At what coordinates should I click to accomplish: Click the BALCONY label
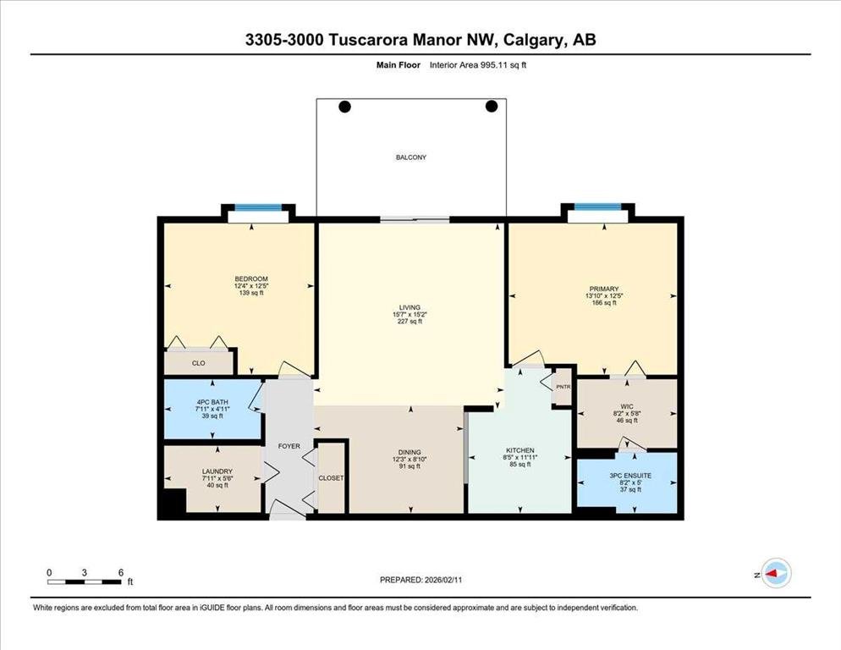(x=411, y=157)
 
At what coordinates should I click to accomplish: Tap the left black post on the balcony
(x=345, y=107)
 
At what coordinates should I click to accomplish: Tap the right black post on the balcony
(x=492, y=107)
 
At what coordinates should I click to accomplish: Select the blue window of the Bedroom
(x=258, y=207)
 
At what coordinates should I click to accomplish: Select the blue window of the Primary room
(x=597, y=207)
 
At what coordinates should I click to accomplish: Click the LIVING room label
(x=410, y=307)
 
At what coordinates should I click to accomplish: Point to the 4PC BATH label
(x=212, y=402)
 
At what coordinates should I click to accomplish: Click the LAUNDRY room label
(x=217, y=471)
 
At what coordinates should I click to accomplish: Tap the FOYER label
(x=289, y=446)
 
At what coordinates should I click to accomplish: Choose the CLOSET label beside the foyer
(x=331, y=477)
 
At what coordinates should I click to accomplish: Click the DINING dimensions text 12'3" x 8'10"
(x=410, y=460)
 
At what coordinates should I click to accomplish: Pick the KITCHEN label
(x=520, y=450)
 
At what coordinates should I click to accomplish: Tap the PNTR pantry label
(x=563, y=387)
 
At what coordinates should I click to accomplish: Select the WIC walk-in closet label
(x=627, y=406)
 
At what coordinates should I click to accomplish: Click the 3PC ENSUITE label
(x=630, y=476)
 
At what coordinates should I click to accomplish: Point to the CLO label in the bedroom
(x=199, y=363)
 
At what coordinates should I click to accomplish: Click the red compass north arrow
(x=772, y=574)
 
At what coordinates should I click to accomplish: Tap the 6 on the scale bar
(x=121, y=572)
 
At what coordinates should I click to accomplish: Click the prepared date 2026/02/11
(x=443, y=580)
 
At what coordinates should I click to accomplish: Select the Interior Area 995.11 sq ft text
(x=478, y=65)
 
